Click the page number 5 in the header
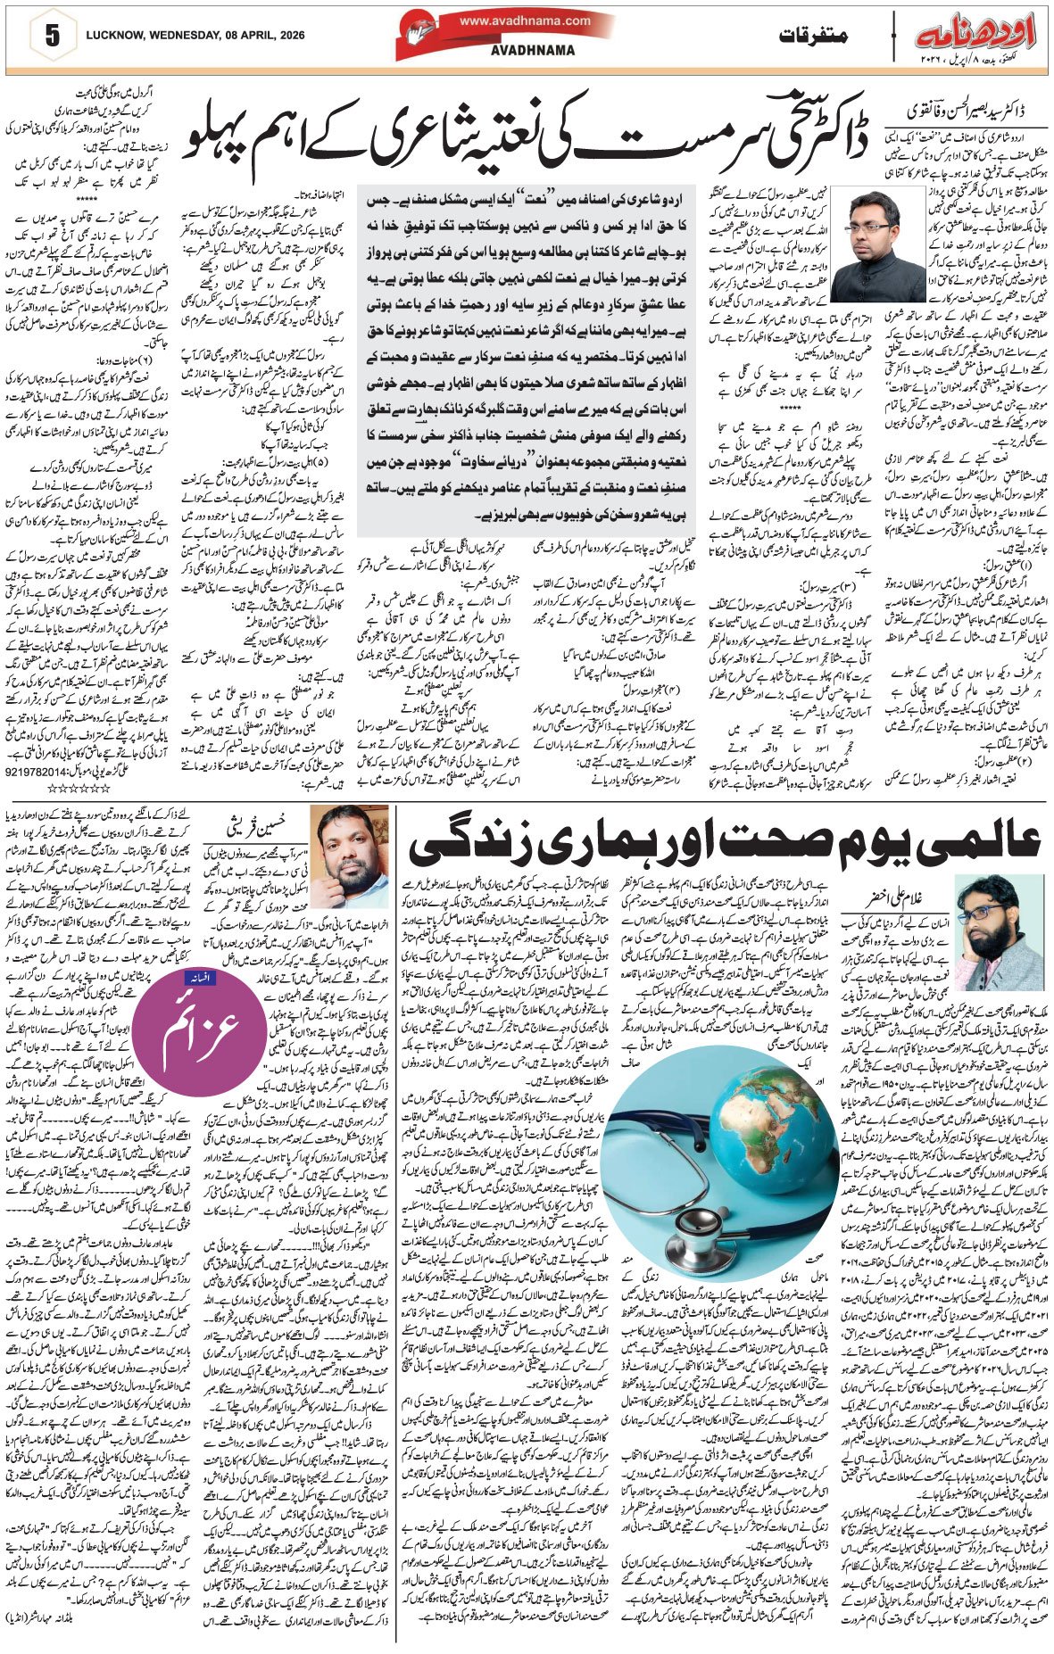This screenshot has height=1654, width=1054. point(52,37)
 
